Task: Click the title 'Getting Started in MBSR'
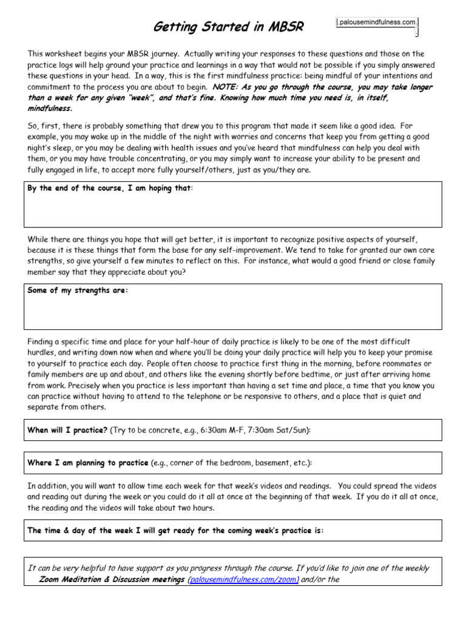click(x=227, y=27)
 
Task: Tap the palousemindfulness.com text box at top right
click(x=377, y=22)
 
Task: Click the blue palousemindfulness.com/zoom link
click(x=243, y=580)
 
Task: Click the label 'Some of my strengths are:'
click(x=78, y=290)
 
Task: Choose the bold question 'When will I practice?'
click(x=67, y=430)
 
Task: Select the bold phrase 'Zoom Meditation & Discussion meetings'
click(x=112, y=580)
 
